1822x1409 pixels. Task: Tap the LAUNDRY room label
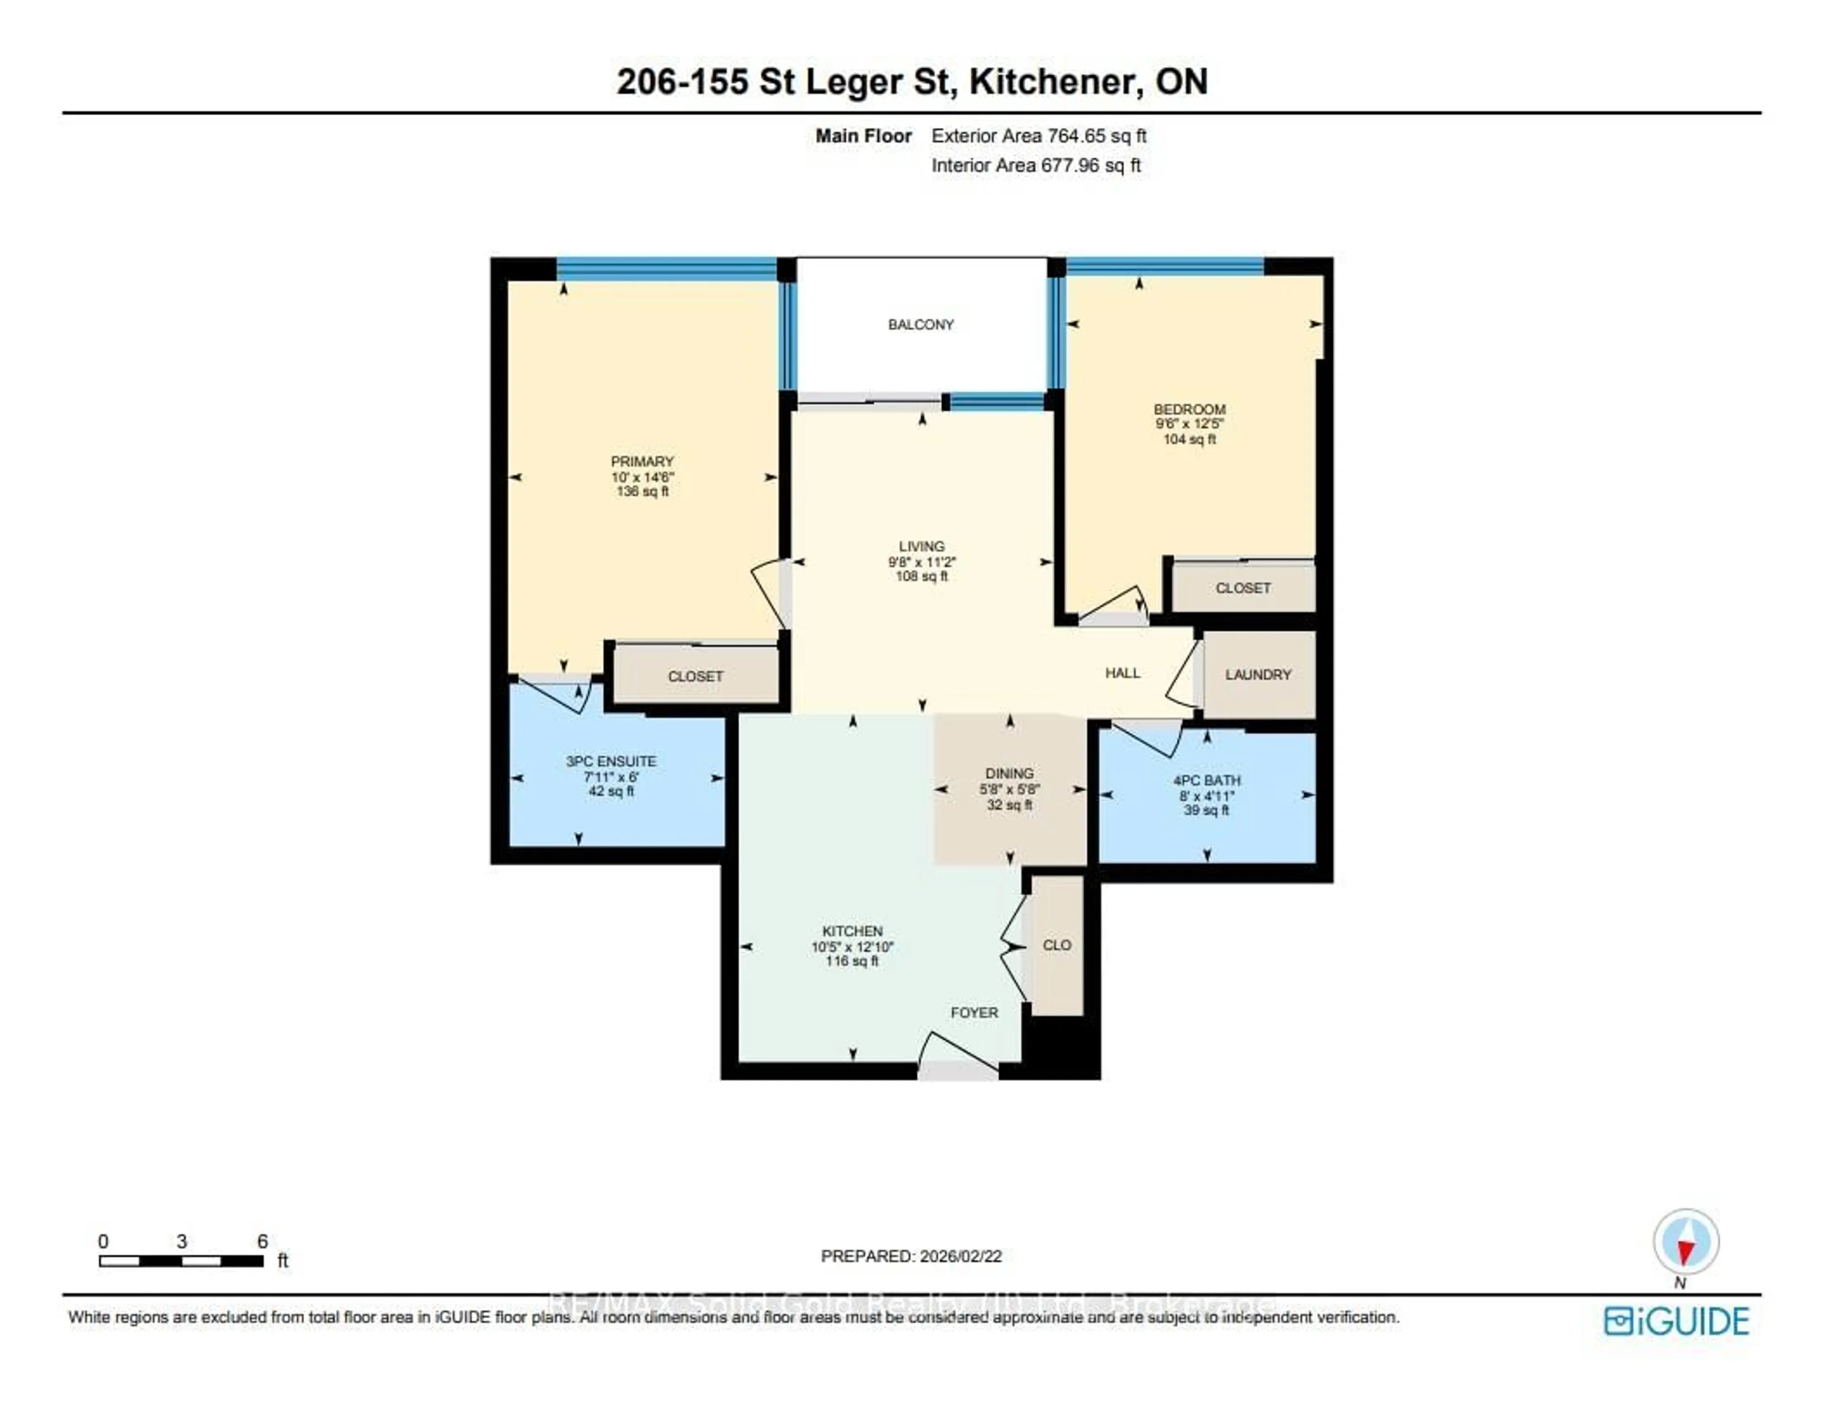[x=1257, y=674]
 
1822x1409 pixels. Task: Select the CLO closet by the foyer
[x=1056, y=945]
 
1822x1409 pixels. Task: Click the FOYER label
[x=974, y=1012]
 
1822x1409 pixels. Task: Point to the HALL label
[x=1122, y=672]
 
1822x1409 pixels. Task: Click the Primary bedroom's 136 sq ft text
[x=642, y=491]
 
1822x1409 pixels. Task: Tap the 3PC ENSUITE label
[x=611, y=761]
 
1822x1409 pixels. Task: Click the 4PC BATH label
[x=1206, y=780]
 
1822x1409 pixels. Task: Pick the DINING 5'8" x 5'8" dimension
[x=1009, y=789]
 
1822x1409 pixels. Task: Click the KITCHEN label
[x=852, y=931]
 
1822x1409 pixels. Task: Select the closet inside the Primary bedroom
[x=695, y=676]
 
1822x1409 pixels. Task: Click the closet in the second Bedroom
[x=1242, y=588]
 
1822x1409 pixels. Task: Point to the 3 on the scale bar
[x=182, y=1242]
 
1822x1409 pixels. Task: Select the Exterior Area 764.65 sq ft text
[x=1039, y=136]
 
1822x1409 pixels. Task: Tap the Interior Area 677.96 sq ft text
[x=1035, y=165]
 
